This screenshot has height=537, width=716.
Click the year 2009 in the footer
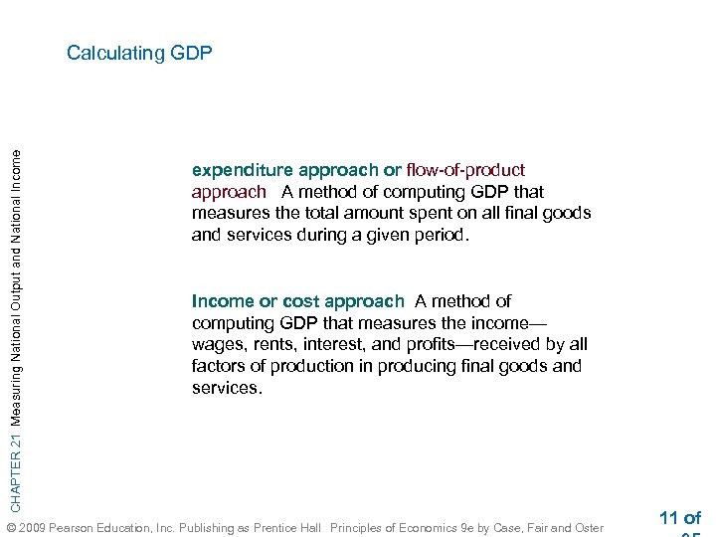click(31, 527)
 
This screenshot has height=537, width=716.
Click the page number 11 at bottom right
click(668, 517)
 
